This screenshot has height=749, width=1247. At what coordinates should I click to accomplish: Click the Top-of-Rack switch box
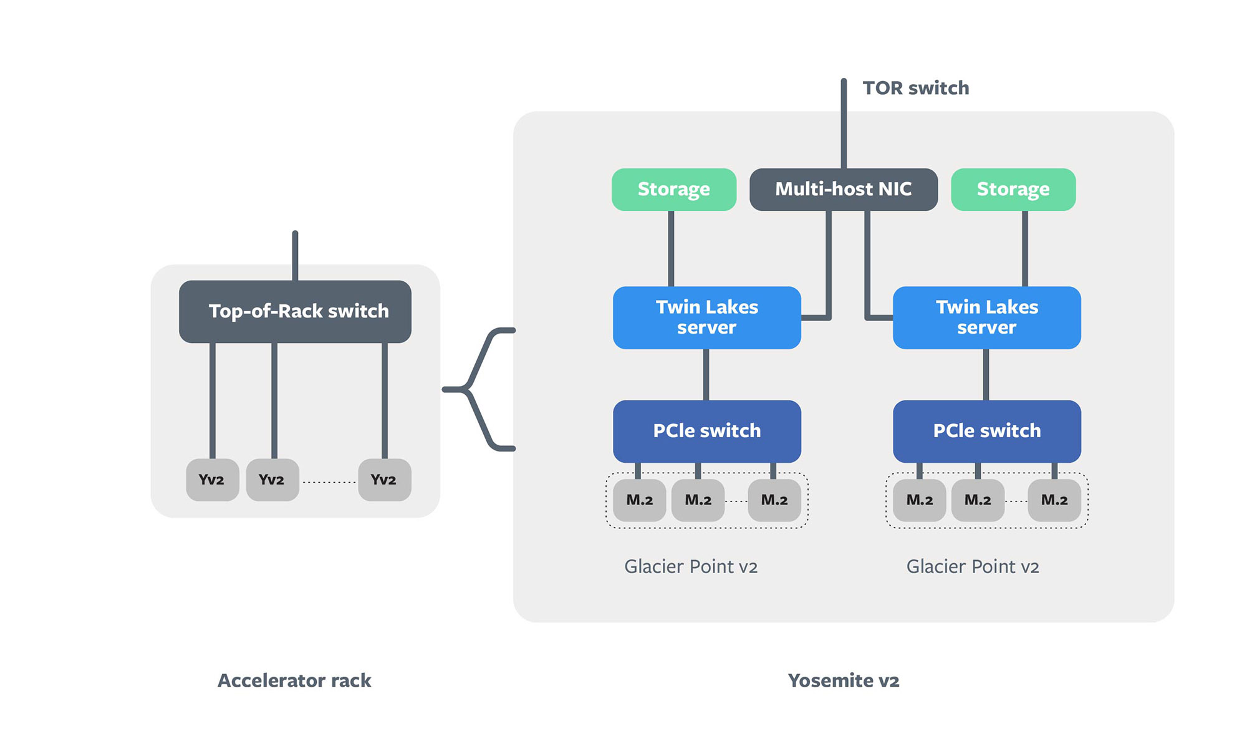pyautogui.click(x=295, y=311)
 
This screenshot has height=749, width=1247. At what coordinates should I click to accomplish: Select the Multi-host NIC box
pyautogui.click(x=843, y=189)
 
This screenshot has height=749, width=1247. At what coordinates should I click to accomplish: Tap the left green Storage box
pyautogui.click(x=673, y=189)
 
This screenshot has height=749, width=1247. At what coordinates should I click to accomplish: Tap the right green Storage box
pyautogui.click(x=1013, y=189)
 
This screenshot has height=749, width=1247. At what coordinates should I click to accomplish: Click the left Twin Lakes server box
pyautogui.click(x=706, y=317)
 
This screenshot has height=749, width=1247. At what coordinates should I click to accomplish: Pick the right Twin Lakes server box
pyautogui.click(x=986, y=317)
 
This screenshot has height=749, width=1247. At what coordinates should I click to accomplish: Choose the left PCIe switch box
pyautogui.click(x=706, y=431)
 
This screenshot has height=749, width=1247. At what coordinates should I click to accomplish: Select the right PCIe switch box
pyautogui.click(x=986, y=431)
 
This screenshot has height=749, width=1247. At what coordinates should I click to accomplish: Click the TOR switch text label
pyautogui.click(x=915, y=88)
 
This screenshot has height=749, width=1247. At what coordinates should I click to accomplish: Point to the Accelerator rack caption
pyautogui.click(x=294, y=680)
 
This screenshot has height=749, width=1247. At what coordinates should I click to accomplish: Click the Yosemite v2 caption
pyautogui.click(x=843, y=680)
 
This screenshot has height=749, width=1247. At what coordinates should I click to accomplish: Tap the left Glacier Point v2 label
pyautogui.click(x=691, y=566)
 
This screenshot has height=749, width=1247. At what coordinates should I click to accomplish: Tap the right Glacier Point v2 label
pyautogui.click(x=972, y=566)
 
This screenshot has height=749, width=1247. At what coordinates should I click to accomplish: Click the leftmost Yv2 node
pyautogui.click(x=212, y=480)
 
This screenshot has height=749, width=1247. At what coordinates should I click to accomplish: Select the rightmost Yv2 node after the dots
pyautogui.click(x=384, y=480)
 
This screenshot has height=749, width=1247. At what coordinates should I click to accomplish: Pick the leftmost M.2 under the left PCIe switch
pyautogui.click(x=639, y=500)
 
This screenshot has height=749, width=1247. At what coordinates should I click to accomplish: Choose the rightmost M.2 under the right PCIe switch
pyautogui.click(x=1054, y=500)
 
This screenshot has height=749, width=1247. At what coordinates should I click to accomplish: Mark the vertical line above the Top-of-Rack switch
pyautogui.click(x=295, y=256)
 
